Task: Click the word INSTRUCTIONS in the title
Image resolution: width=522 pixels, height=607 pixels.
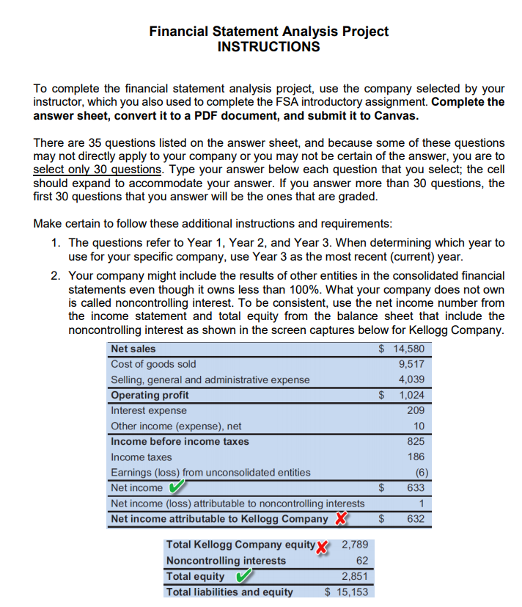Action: [268, 47]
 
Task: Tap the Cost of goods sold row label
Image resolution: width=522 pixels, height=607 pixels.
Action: [153, 364]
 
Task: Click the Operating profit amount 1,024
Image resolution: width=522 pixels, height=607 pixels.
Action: [411, 395]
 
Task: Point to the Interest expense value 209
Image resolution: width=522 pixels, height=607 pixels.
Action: [415, 410]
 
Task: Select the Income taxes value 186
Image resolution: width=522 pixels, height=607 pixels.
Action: [415, 457]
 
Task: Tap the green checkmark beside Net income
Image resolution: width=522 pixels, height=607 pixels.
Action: [176, 487]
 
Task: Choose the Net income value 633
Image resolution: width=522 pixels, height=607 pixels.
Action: [415, 487]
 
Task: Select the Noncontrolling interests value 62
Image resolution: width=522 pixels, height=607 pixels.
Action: [361, 561]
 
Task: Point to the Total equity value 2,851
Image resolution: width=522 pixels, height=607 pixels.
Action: [355, 577]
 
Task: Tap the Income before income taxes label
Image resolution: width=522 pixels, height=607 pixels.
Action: [180, 441]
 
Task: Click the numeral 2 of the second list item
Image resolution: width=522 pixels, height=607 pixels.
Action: [56, 276]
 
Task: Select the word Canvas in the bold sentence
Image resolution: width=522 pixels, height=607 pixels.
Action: [398, 116]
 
